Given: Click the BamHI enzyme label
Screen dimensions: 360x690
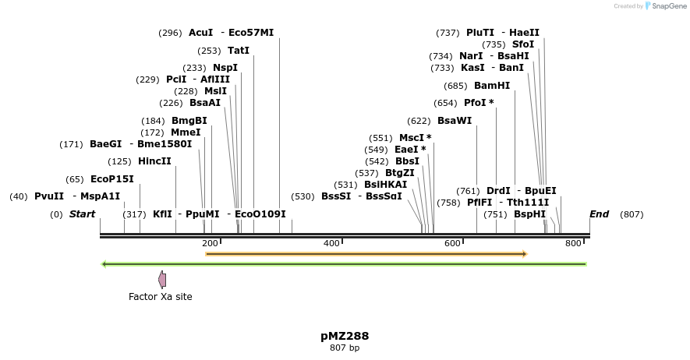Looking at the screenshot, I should [492, 86].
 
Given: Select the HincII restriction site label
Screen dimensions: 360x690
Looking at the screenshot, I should [154, 161].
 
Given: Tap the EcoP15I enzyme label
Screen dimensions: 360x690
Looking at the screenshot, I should [111, 179].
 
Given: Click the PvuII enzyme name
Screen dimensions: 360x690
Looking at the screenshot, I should [49, 196].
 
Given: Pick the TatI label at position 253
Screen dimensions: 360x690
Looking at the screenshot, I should [239, 51].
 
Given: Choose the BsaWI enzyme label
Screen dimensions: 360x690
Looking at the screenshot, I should [455, 121].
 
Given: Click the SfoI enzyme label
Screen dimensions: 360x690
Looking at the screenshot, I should [523, 44].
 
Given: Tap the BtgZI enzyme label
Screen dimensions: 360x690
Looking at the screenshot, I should [400, 173].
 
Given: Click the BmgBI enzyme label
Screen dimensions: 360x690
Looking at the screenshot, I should [189, 121].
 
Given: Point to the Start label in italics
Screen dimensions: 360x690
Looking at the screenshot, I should [82, 214].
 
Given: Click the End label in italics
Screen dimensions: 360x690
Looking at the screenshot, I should [599, 214].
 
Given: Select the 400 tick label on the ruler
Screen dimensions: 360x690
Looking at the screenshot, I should [331, 244].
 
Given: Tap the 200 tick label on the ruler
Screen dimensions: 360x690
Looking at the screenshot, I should [210, 244].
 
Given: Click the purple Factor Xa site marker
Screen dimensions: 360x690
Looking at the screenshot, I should [162, 279].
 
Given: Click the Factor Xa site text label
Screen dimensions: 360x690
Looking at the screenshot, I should [160, 297].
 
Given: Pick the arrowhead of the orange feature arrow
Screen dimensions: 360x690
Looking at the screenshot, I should [525, 254].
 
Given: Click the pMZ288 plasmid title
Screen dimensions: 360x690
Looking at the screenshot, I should [345, 337].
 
